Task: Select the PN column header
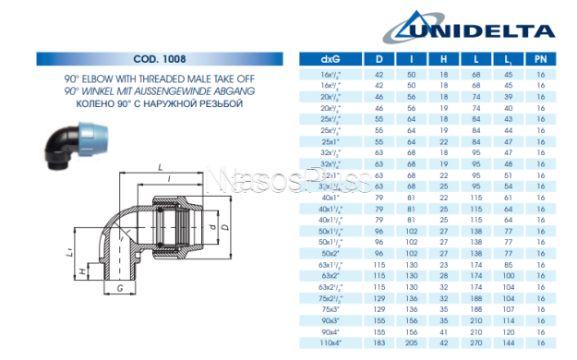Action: pyautogui.click(x=540, y=58)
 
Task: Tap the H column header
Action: pyautogui.click(x=443, y=58)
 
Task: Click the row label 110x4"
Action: pyautogui.click(x=329, y=342)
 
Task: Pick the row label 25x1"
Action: pyautogui.click(x=329, y=141)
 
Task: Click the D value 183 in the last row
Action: pyautogui.click(x=379, y=342)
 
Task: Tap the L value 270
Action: pyautogui.click(x=476, y=342)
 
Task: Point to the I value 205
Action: pyautogui.click(x=411, y=342)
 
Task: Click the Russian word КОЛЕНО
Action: pyautogui.click(x=84, y=104)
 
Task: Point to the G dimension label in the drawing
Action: pyautogui.click(x=120, y=288)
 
